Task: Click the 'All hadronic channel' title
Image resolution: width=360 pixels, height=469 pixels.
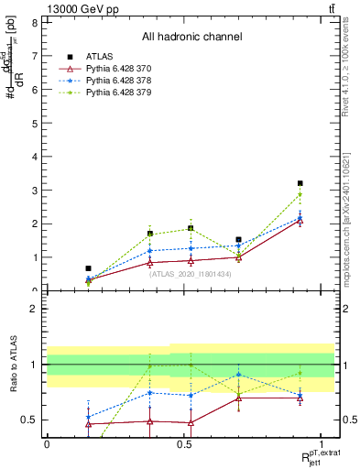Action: [x=191, y=38]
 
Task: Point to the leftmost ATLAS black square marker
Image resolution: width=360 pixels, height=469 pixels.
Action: [x=88, y=268]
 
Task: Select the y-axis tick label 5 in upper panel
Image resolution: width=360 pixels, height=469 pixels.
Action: [x=35, y=123]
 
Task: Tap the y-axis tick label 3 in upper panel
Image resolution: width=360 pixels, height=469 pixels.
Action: [x=35, y=190]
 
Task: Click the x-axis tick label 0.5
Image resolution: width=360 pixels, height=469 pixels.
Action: [x=184, y=443]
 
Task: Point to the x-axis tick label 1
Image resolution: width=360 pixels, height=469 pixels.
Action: [x=321, y=443]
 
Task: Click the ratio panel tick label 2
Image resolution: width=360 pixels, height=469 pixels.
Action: [x=35, y=309]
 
